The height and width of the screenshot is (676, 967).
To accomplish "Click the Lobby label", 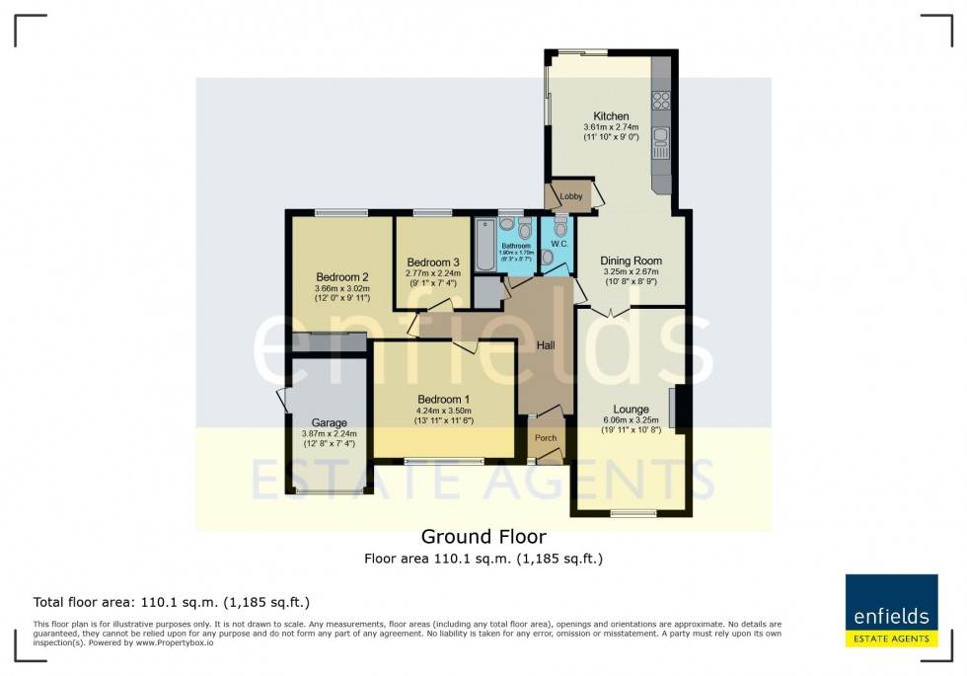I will click(x=571, y=196).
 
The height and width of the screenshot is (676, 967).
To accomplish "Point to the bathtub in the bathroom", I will click(x=483, y=245).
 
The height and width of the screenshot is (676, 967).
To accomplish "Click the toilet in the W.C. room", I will click(x=560, y=229).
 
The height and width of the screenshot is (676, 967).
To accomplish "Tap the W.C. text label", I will click(x=559, y=243).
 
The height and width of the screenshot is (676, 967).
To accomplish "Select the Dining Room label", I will click(x=631, y=262).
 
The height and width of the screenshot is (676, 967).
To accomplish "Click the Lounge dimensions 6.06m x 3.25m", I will click(x=631, y=420).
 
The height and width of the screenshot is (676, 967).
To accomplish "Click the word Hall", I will click(x=546, y=345).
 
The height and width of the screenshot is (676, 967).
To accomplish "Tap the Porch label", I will click(x=546, y=438).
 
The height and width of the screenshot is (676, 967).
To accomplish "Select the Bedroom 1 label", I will click(x=444, y=399).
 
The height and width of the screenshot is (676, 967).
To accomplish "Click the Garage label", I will click(x=329, y=422).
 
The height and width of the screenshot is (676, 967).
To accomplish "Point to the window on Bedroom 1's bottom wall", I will click(x=443, y=460).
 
